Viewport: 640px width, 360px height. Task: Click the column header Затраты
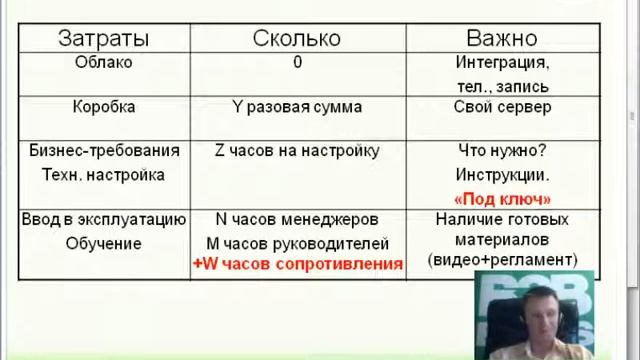point(104,38)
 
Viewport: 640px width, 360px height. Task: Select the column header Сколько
point(297,38)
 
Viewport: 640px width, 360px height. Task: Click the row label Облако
point(104,62)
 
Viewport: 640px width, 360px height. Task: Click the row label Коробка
point(104,106)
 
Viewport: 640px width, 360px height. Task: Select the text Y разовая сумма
point(297,106)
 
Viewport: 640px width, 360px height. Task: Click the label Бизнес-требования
point(105,151)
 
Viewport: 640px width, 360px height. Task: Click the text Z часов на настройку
point(297,151)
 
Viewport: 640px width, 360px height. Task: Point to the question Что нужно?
point(502,151)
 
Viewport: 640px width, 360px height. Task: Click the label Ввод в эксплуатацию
point(105,219)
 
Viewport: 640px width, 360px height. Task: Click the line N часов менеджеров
point(297,219)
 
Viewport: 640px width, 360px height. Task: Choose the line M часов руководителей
point(297,243)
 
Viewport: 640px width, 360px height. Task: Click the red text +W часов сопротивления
point(297,264)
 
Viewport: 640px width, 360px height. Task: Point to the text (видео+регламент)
point(502,262)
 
